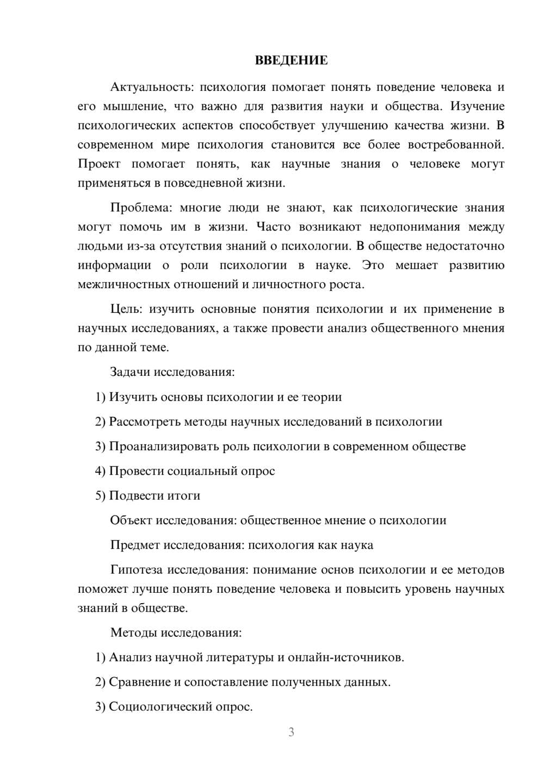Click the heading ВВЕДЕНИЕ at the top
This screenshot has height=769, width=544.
291,60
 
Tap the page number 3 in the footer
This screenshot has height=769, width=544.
291,732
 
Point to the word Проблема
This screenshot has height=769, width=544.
141,208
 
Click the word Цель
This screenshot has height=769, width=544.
126,309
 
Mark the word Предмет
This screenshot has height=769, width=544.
134,545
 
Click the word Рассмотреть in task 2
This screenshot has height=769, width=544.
144,422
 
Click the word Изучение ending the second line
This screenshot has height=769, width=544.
477,107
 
